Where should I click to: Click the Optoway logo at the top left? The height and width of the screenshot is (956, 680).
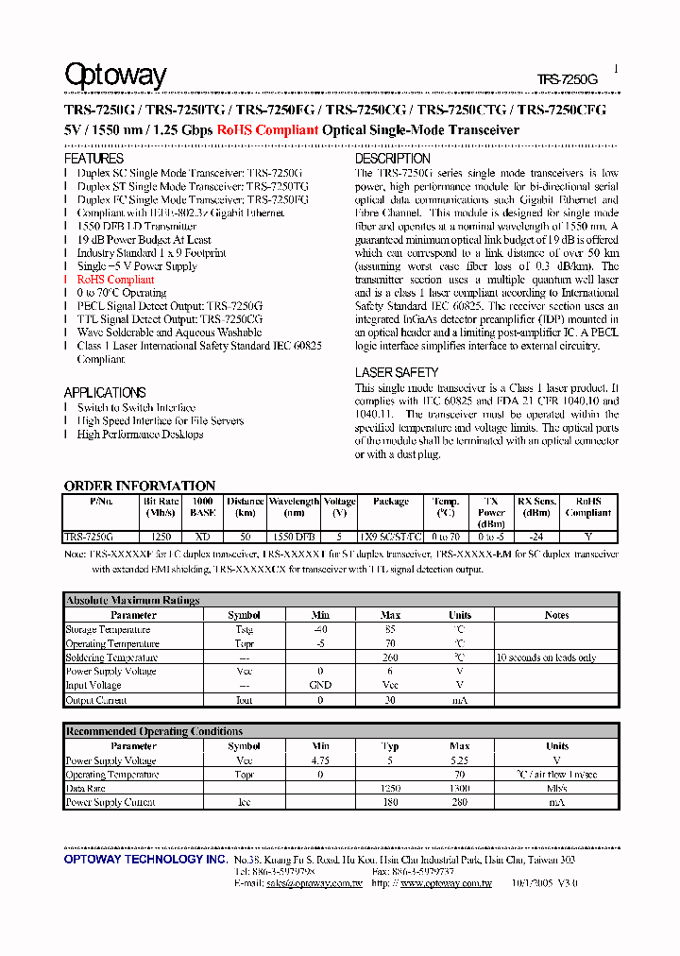tap(115, 76)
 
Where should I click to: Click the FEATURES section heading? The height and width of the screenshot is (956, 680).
tap(93, 159)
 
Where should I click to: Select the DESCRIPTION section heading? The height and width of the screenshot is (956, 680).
tap(392, 159)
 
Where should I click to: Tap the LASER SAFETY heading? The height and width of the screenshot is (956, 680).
tap(396, 372)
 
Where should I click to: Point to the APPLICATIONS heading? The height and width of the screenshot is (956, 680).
tap(105, 392)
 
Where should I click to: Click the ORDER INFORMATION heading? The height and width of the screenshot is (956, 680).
tap(139, 486)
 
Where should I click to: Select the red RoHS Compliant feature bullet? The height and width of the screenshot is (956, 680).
tap(115, 280)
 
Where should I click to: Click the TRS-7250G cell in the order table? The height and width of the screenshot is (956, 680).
tap(89, 536)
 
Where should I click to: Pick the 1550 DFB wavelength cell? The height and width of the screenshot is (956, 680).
tap(294, 536)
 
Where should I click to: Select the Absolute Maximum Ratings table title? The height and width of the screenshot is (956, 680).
tap(132, 600)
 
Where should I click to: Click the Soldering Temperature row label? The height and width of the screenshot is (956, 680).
tap(111, 657)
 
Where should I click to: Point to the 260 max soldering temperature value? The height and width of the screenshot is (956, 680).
tap(390, 657)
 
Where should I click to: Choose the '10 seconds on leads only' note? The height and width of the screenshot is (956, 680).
tap(546, 657)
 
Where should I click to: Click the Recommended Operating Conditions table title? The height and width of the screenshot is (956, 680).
tap(154, 731)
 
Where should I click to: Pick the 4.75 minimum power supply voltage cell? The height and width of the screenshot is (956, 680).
tap(321, 760)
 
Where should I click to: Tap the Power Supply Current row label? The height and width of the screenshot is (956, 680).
tap(110, 802)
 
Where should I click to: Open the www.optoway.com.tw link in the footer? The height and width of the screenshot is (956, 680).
tap(446, 883)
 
